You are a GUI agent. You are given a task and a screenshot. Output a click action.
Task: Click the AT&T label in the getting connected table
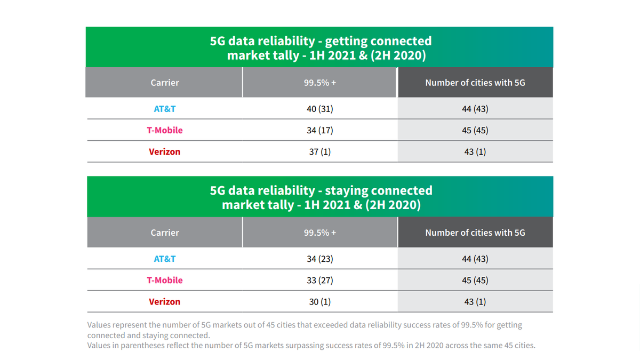coord(164,109)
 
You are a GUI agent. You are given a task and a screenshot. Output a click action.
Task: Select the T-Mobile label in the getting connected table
coord(164,130)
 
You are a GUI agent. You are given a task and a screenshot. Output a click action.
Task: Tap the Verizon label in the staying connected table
coord(164,301)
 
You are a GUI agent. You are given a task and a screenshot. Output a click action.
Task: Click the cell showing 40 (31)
coord(320,109)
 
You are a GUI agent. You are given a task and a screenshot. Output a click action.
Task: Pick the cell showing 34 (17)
coord(320,130)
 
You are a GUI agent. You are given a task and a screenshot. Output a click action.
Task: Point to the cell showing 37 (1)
coord(320,151)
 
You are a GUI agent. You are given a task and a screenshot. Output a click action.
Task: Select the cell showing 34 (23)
coord(320,259)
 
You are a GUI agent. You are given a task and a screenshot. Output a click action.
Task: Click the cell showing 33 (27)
coord(320,280)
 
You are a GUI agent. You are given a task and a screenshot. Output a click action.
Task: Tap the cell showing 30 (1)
coord(320,301)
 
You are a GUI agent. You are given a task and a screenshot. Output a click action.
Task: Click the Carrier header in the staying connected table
coord(164,233)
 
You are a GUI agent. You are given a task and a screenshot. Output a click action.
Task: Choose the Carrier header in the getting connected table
coord(164,83)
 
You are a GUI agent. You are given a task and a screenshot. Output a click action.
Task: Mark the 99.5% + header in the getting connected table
coord(320,83)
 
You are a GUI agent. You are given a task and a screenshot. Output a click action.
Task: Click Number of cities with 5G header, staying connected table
coord(475,233)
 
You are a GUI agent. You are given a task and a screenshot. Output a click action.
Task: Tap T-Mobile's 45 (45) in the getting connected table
coord(475,130)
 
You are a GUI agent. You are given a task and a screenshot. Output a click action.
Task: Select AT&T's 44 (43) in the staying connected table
coord(475,259)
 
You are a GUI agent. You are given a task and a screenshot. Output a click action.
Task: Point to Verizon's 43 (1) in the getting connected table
coord(475,151)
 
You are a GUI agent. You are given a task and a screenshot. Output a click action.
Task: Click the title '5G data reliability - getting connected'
coord(321,41)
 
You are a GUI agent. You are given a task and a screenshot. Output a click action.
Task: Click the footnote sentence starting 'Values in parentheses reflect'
coord(311,345)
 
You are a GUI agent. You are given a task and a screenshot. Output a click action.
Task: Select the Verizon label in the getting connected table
coord(164,151)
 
